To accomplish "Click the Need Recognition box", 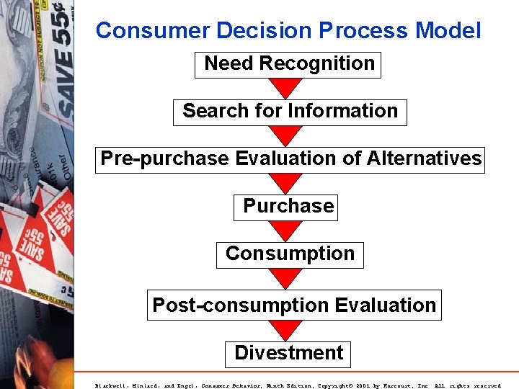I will point(288,64).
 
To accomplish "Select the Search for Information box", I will point(290,112).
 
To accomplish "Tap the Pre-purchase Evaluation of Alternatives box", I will point(290,159).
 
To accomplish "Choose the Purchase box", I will point(286,207).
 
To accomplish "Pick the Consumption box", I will point(290,254).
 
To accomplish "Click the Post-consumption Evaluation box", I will point(293,305).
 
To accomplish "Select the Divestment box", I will point(288,353).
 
